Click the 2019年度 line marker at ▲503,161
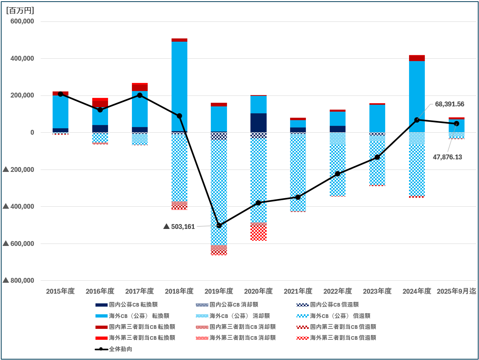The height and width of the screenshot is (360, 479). click(x=219, y=225)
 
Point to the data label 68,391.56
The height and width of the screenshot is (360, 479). click(x=449, y=104)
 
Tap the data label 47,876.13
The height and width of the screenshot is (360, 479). click(x=447, y=157)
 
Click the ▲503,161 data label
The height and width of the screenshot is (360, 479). click(x=179, y=227)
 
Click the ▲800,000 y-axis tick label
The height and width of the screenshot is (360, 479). click(x=18, y=280)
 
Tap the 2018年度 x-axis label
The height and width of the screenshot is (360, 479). click(x=179, y=291)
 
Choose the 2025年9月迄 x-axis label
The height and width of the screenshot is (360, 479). click(x=456, y=291)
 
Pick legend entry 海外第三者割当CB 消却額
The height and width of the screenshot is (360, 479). click(x=242, y=337)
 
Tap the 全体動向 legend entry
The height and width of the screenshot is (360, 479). click(x=120, y=349)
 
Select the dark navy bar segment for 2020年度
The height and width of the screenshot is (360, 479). click(x=259, y=123)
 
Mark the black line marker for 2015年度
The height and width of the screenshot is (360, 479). click(x=60, y=94)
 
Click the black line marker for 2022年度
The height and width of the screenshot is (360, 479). click(x=337, y=174)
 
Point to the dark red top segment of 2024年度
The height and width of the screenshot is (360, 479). click(x=417, y=58)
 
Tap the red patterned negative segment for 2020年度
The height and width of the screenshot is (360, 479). click(x=259, y=231)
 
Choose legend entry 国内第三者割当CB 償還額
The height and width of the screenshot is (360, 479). click(x=343, y=326)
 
